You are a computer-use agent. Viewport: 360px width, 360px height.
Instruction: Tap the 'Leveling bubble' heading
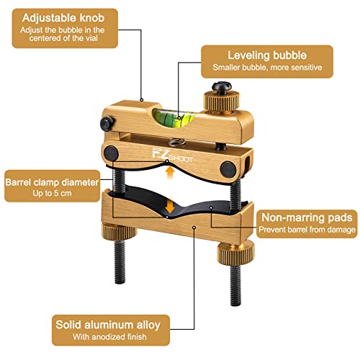[x=266, y=55]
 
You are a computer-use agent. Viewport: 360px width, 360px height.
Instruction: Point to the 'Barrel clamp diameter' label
[x=51, y=182]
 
